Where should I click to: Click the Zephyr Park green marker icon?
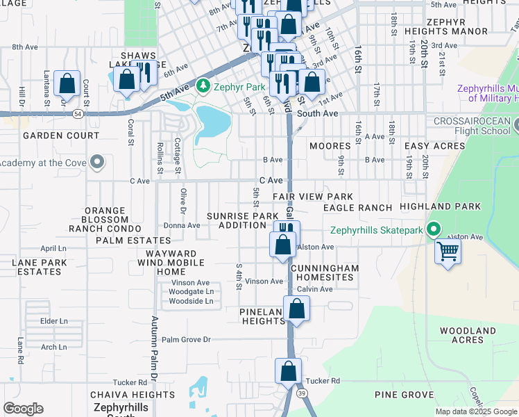[x=203, y=87]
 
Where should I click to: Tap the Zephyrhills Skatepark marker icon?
[x=434, y=229]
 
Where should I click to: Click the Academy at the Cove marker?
[x=98, y=163]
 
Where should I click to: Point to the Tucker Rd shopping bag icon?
[x=289, y=372]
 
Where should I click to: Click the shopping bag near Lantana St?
[x=67, y=85]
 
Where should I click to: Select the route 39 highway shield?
[x=301, y=393]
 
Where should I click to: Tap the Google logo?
[x=24, y=409]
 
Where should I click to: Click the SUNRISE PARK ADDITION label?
[x=242, y=220]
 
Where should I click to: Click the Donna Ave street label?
[x=182, y=225]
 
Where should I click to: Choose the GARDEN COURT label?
[x=52, y=136]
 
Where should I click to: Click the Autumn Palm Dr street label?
[x=153, y=354]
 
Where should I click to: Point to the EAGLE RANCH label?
[x=358, y=208]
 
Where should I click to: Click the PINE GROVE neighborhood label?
[x=404, y=395]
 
